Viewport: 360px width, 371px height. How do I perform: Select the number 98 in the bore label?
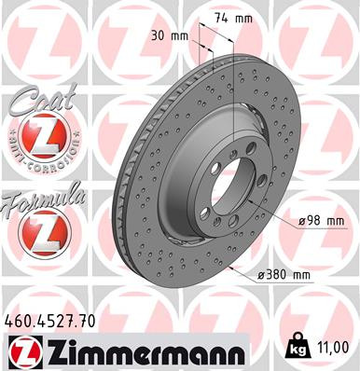tap(312, 221)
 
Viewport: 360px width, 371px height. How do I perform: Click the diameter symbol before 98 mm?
tap(299, 222)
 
